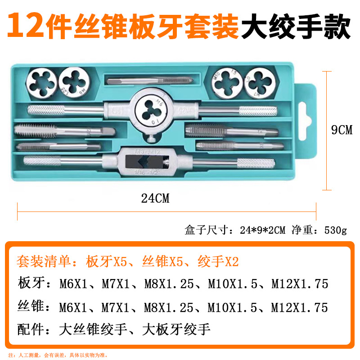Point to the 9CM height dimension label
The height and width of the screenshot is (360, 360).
click(x=342, y=130)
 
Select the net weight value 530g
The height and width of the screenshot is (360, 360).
click(x=335, y=230)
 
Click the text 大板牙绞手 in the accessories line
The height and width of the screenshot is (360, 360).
click(x=176, y=329)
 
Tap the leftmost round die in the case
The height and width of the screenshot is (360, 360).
click(x=41, y=83)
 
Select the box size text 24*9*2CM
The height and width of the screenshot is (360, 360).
click(x=263, y=230)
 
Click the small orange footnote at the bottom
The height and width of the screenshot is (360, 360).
click(x=59, y=355)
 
